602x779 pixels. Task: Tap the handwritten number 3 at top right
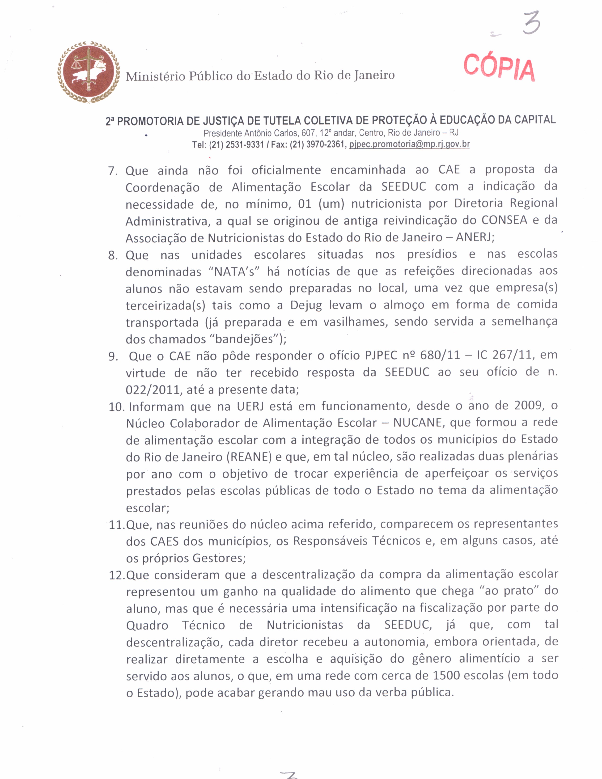(x=531, y=23)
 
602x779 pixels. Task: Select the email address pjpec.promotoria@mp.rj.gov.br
(x=409, y=144)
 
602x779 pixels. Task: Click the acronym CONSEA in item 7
(x=504, y=220)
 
